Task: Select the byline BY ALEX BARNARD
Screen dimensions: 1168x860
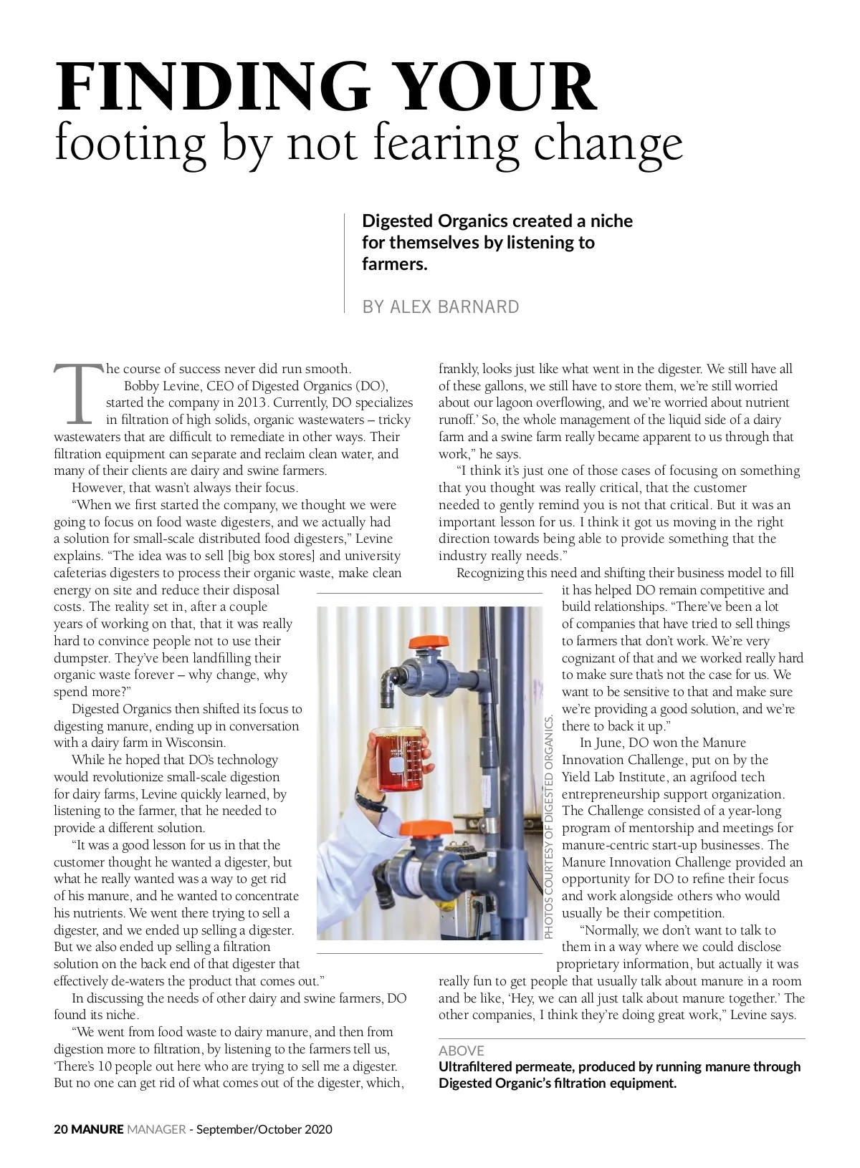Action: tap(440, 307)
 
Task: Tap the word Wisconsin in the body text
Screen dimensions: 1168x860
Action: tap(196, 743)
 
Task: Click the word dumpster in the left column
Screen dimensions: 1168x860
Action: tap(81, 658)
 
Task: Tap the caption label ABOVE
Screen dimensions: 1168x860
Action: tap(461, 1051)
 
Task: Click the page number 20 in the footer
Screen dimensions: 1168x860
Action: tap(61, 1129)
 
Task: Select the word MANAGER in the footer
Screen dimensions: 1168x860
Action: tap(156, 1129)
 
